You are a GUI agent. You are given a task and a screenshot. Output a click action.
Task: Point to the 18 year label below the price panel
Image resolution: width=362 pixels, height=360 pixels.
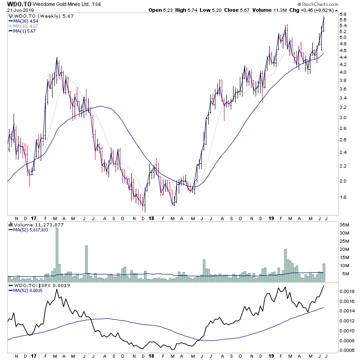click(152, 218)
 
